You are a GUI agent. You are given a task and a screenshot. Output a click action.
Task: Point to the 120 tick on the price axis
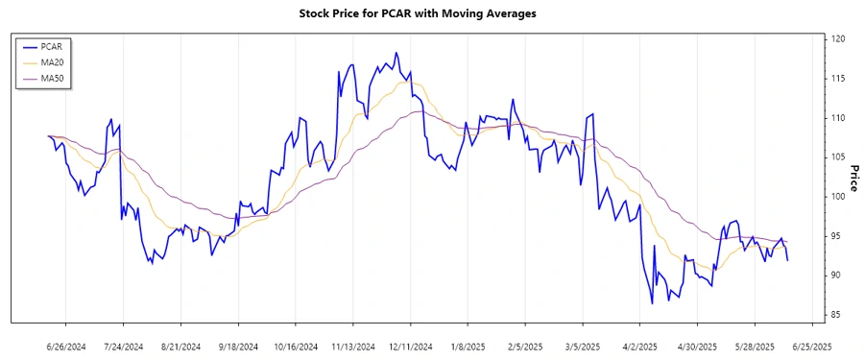tap(838, 39)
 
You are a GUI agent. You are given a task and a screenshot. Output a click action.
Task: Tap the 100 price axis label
tap(838, 197)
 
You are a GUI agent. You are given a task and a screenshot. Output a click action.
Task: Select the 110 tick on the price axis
tap(838, 118)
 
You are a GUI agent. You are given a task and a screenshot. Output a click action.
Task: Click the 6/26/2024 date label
tap(65, 346)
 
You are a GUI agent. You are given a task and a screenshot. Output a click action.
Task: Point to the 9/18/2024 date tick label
tap(237, 346)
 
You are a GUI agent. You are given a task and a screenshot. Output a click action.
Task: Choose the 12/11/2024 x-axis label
tap(410, 346)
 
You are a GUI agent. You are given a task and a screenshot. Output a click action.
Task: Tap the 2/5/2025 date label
tap(525, 346)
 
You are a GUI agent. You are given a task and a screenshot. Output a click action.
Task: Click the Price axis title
tap(853, 178)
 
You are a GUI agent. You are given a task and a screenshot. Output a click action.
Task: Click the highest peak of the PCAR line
tap(396, 53)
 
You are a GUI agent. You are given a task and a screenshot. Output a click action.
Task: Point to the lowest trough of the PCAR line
tap(652, 303)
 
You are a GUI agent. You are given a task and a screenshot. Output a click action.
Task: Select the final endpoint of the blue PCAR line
tap(788, 260)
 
